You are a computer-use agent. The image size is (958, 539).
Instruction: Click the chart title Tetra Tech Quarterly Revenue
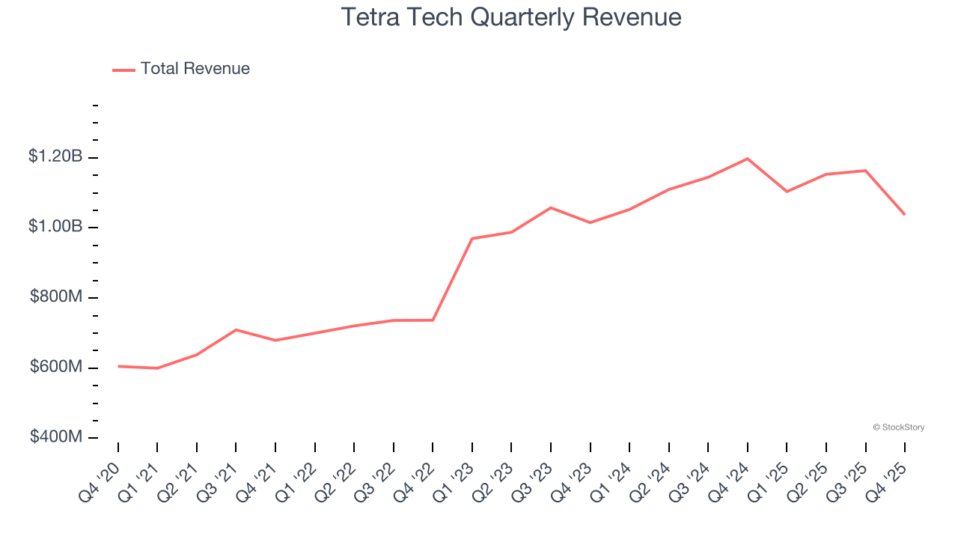coord(511,17)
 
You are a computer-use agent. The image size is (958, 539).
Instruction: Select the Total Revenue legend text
coord(195,69)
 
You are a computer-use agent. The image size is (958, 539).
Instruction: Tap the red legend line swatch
coord(123,70)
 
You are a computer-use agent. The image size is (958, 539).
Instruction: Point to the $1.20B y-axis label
coord(55,156)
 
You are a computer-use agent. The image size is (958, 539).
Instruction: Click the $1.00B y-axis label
coord(55,226)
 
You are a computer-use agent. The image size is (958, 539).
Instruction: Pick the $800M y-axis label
coord(56,296)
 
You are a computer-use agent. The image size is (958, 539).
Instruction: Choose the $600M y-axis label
coord(56,367)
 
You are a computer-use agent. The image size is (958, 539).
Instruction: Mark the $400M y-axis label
coord(56,436)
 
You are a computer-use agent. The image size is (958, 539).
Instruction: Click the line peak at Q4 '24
coord(748,159)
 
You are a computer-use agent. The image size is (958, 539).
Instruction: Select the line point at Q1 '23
coord(472,238)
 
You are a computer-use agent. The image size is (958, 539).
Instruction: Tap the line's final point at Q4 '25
coord(905,215)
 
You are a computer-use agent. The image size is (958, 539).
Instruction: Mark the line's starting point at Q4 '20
coord(118,366)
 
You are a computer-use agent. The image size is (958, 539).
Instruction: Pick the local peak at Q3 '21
coord(236,329)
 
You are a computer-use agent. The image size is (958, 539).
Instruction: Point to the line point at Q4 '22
coord(433,320)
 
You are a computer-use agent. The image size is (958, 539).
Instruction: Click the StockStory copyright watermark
coord(898,427)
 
